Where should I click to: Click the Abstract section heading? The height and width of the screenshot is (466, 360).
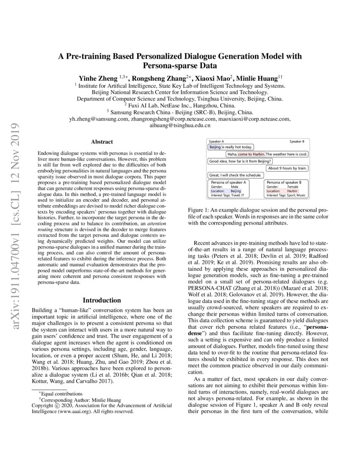pos(102,142)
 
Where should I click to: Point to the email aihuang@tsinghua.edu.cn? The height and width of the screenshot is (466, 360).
pos(180,126)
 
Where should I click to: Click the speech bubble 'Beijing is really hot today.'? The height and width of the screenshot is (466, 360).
pos(230,147)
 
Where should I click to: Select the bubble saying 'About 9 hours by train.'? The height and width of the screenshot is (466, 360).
pos(287,168)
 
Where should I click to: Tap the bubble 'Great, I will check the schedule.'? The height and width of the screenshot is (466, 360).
pos(235,175)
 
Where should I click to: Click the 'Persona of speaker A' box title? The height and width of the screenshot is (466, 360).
pos(229,182)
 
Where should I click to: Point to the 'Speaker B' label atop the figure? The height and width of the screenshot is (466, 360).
pos(299,141)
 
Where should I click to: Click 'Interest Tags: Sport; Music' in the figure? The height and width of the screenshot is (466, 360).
pos(286,195)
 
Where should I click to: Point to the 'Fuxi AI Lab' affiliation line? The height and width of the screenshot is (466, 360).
pos(180,105)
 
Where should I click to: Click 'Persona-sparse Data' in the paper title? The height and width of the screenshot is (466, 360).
pos(180,66)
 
